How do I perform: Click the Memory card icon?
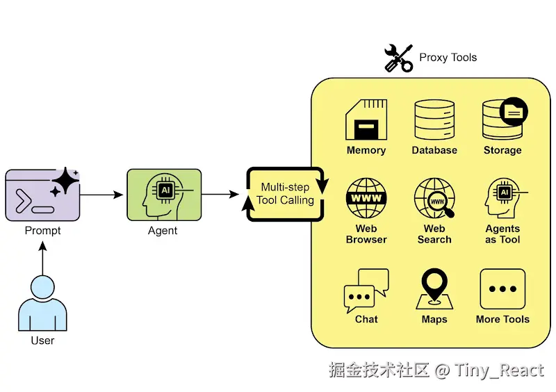366,120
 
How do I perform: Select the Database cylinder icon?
434,120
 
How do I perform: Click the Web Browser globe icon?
366,199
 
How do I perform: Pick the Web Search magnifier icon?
434,199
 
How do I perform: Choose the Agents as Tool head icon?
502,199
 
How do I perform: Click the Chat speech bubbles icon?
366,291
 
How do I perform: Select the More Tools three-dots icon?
502,289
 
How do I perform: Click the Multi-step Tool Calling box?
286,194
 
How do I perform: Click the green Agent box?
164,195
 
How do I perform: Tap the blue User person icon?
42,304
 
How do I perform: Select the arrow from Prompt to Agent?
102,195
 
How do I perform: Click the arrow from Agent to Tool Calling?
220,195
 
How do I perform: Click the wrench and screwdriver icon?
399,58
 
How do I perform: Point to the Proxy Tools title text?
448,57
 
